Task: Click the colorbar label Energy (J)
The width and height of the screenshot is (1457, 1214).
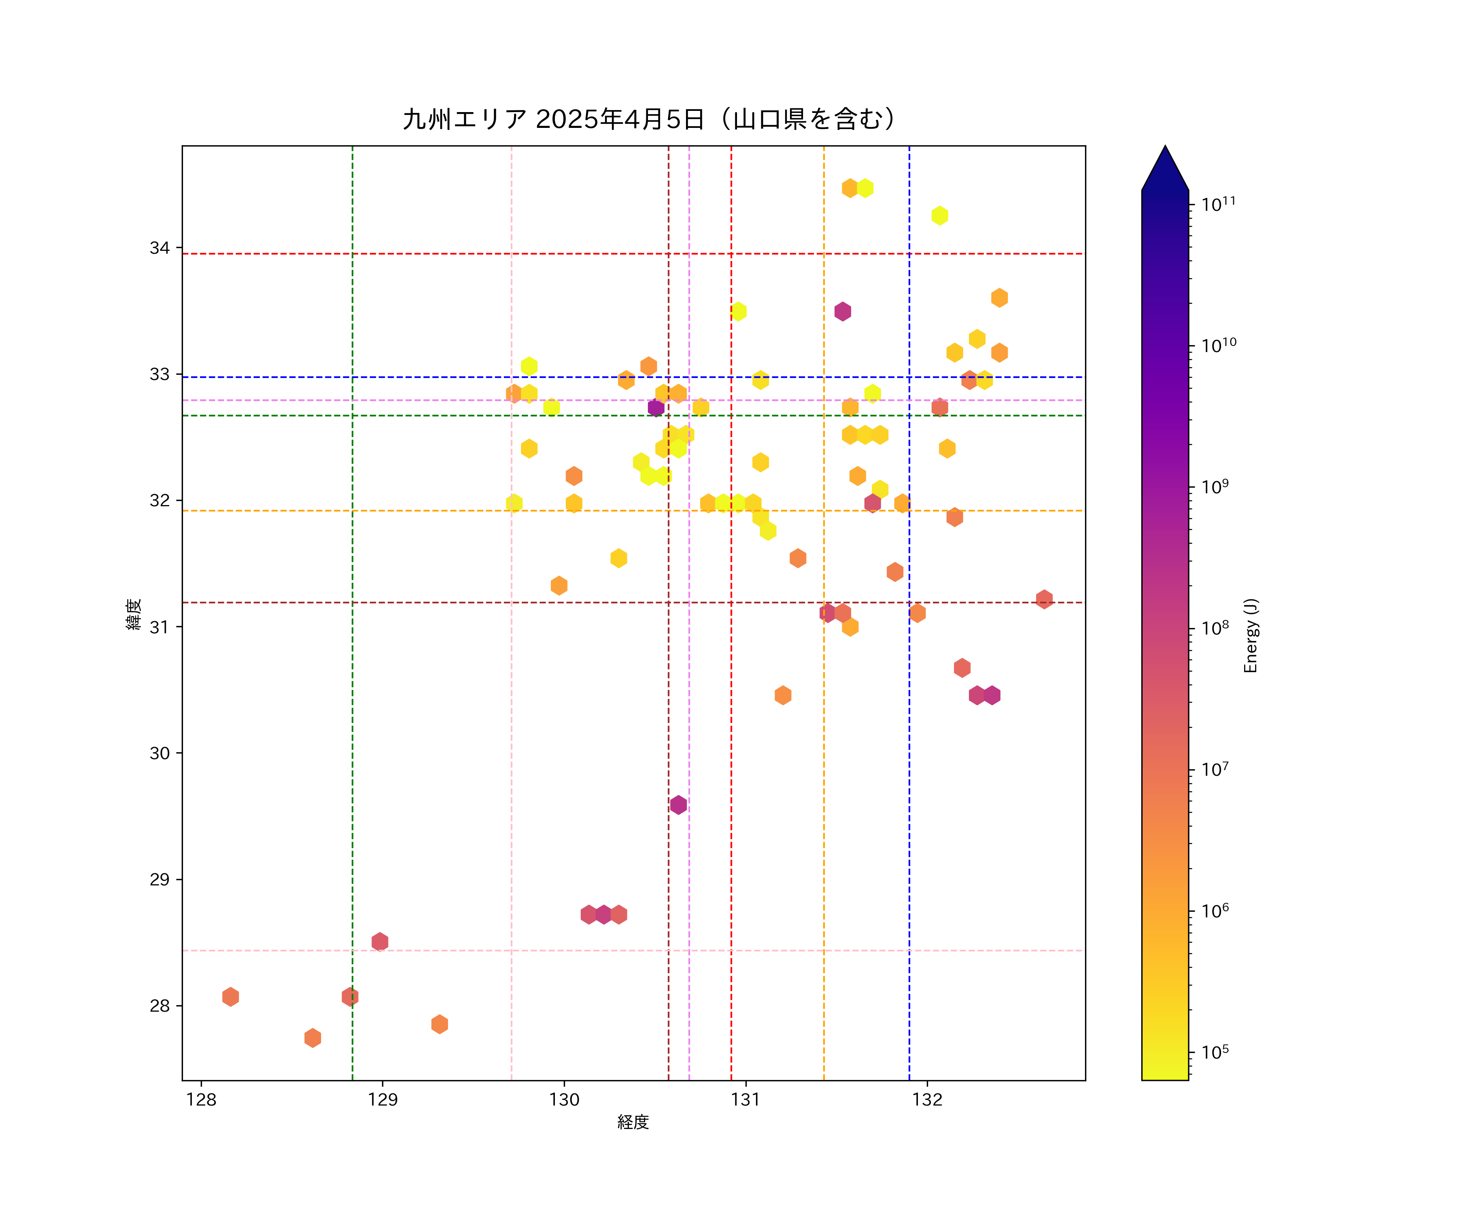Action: [1250, 635]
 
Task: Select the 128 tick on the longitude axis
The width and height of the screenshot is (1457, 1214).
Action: [201, 1099]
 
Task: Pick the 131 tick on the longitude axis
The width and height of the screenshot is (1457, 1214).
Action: [746, 1099]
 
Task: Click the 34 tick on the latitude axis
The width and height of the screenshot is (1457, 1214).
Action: [159, 248]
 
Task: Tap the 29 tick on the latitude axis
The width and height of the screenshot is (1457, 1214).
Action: [159, 880]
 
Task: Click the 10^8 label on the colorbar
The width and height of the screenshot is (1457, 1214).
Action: [1215, 628]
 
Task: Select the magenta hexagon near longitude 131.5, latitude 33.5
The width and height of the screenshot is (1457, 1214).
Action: [842, 312]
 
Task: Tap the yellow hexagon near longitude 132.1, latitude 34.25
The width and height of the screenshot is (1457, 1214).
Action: [939, 216]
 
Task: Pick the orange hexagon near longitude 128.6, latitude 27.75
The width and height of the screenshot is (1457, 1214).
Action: [312, 1038]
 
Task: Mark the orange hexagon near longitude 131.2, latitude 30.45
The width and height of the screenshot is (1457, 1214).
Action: [783, 695]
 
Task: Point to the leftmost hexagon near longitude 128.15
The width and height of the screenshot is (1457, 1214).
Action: [230, 997]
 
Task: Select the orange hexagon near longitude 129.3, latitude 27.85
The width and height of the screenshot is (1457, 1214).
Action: [439, 1024]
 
